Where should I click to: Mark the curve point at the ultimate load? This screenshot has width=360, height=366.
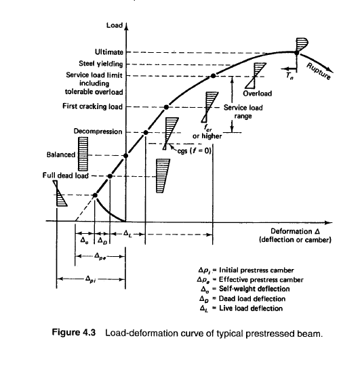(297, 52)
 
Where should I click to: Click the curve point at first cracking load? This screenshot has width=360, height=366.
(167, 107)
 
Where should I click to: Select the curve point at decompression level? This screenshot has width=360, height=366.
(146, 131)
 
